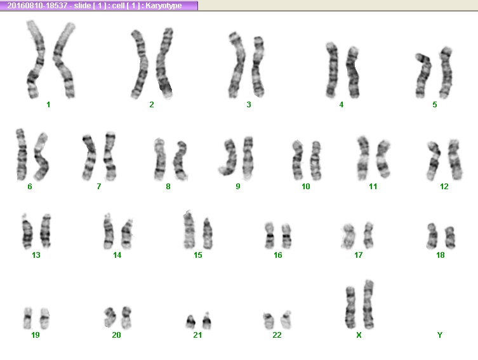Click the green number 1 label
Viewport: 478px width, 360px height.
(48, 105)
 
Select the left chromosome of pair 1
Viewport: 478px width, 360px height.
(36, 60)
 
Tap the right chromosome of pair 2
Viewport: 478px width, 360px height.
(164, 63)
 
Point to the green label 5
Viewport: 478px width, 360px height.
(435, 105)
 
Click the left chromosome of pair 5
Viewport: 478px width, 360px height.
(423, 76)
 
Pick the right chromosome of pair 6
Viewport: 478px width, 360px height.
(41, 156)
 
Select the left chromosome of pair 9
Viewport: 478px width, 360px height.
(229, 157)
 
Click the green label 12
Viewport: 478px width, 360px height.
(444, 187)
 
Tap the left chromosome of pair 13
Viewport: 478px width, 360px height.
(27, 231)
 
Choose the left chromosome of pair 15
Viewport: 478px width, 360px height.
(189, 230)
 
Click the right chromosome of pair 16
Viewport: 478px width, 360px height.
(286, 236)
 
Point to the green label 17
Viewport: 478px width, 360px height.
(358, 255)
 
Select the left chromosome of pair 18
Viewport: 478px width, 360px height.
(432, 236)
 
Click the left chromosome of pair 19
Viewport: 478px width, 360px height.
(28, 318)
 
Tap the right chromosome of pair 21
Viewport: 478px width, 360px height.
(207, 321)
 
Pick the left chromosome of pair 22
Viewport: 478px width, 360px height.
(269, 321)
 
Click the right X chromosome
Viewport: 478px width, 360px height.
(368, 304)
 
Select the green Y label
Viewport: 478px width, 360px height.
(439, 335)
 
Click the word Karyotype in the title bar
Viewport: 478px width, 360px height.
(163, 6)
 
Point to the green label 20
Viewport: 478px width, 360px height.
(116, 335)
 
